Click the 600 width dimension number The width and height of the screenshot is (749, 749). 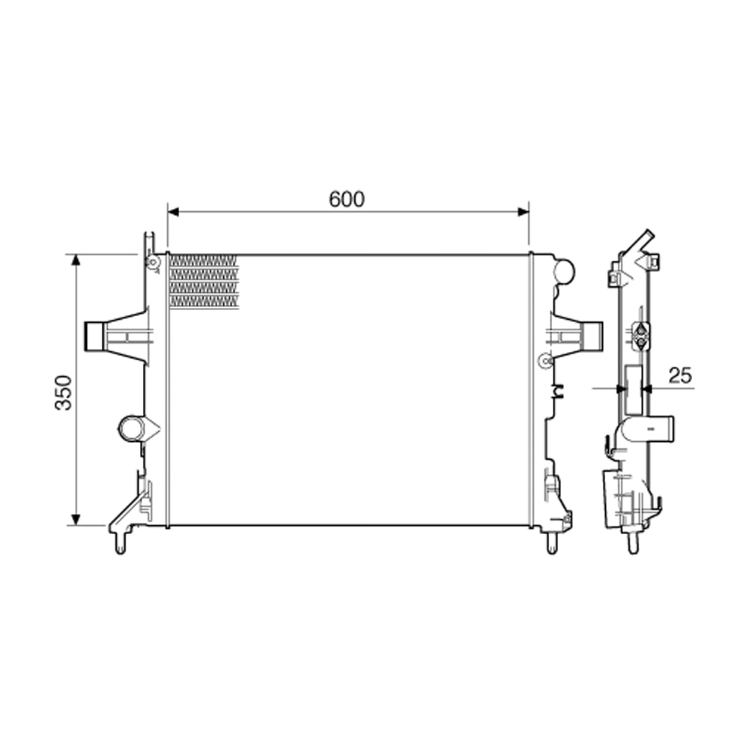(346, 199)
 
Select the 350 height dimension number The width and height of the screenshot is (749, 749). (65, 391)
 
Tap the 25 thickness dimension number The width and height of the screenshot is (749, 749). (679, 376)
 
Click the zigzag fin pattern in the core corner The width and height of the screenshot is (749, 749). (203, 281)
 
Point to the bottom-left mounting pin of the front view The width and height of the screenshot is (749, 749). (120, 545)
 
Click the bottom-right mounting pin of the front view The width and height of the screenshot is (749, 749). (553, 544)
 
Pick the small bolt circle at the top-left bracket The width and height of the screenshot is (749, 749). (153, 262)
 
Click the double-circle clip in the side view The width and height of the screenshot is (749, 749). (641, 336)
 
